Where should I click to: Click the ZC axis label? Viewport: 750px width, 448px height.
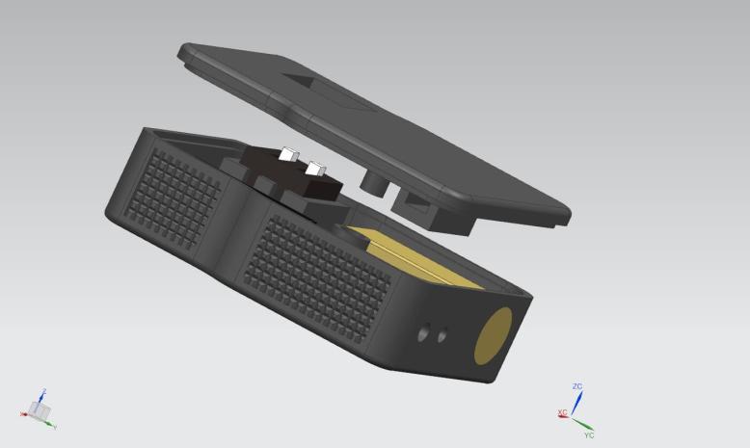tap(577, 386)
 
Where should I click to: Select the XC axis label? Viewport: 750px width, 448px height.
tap(562, 413)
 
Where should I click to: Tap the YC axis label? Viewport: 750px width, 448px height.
tap(589, 435)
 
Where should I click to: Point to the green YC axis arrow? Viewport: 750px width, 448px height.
tap(583, 425)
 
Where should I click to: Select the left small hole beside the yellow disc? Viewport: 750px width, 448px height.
tap(425, 333)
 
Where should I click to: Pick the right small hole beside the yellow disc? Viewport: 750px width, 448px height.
tap(442, 335)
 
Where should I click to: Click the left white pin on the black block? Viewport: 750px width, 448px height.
tap(289, 155)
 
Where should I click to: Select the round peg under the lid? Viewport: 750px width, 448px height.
tap(372, 179)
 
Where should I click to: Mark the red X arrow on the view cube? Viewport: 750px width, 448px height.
tap(24, 413)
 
